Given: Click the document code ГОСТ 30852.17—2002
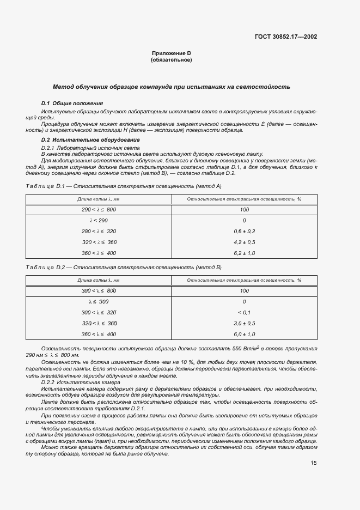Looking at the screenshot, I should (x=286, y=37).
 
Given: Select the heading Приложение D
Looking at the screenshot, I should (x=171, y=53).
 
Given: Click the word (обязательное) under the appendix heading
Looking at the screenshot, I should (x=171, y=60).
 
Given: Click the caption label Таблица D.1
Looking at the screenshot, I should (x=45, y=186).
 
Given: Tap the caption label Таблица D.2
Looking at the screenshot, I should (x=45, y=267).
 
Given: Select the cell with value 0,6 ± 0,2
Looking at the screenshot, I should (x=244, y=232).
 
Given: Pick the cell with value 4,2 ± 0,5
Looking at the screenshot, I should (x=244, y=242).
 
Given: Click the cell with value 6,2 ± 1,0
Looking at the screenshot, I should (x=244, y=253).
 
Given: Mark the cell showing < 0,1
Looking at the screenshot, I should (x=244, y=312).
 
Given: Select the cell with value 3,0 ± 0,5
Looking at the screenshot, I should (x=244, y=323).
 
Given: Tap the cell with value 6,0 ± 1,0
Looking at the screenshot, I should (x=244, y=334).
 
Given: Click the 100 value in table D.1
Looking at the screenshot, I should (x=244, y=210).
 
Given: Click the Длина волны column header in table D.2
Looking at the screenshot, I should (x=99, y=280).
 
